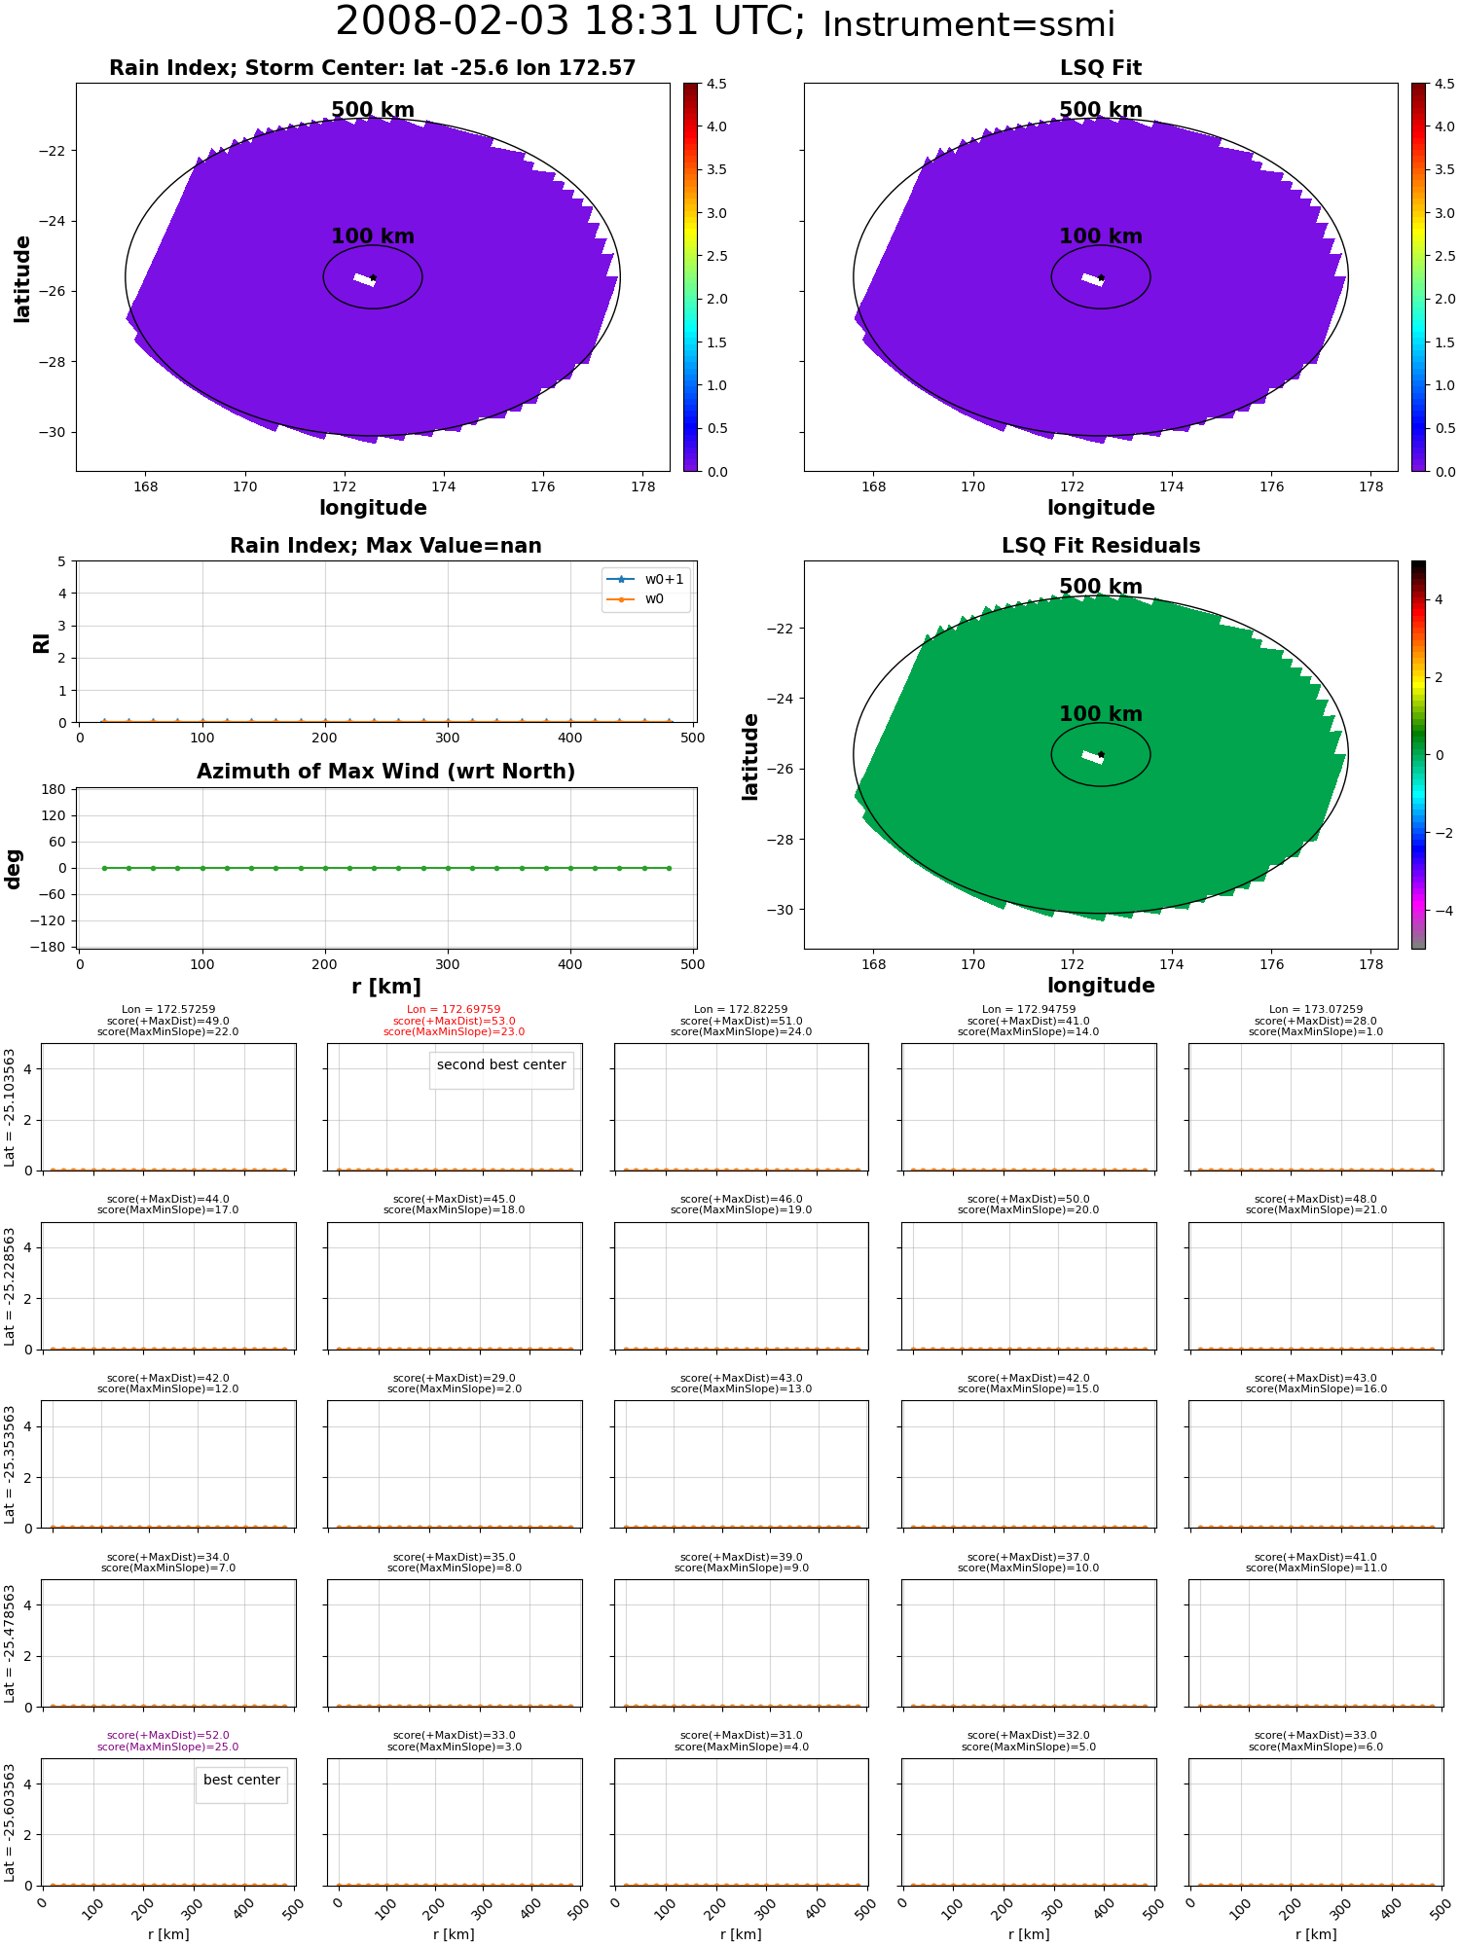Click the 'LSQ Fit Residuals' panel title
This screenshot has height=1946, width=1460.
(1101, 546)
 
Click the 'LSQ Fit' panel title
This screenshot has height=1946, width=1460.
(1101, 68)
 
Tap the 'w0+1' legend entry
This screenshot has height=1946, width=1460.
(645, 579)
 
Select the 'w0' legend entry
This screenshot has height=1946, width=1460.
(645, 598)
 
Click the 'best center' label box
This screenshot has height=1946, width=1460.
(241, 1780)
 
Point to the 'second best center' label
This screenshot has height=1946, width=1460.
(501, 1064)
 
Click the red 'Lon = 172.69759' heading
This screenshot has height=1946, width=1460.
(455, 1010)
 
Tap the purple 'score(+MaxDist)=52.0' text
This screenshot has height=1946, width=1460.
(168, 1735)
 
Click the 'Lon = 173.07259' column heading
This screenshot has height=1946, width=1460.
(1316, 1010)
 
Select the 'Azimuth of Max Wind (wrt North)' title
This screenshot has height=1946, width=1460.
(385, 772)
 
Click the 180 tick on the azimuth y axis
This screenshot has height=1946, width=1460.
(55, 789)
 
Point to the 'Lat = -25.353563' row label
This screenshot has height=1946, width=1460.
(10, 1464)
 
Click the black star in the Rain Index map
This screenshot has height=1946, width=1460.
(373, 278)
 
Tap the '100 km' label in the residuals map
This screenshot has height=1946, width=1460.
(1101, 714)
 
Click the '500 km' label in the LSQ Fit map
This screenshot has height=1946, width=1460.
(1101, 110)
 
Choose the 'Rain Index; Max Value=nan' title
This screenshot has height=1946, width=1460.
(385, 546)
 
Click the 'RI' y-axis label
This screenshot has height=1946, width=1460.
(41, 642)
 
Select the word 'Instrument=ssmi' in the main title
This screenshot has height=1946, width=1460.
(968, 24)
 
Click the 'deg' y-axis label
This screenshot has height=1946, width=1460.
(14, 868)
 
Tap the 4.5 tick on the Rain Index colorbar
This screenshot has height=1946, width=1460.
(716, 84)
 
